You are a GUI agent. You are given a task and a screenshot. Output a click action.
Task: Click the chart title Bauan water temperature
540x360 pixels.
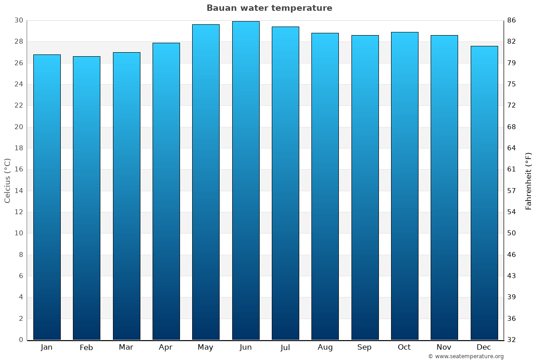point(270,8)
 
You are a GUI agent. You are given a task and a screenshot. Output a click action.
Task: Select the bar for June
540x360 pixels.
point(246,180)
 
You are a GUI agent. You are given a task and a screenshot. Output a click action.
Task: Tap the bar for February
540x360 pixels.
point(86,198)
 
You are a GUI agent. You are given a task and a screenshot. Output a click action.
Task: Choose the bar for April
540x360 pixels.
point(166,191)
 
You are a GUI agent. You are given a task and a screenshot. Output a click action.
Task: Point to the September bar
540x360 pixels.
point(365,187)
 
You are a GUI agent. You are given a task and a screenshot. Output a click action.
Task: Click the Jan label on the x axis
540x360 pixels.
point(47,347)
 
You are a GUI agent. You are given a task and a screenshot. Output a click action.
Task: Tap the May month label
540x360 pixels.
point(206,347)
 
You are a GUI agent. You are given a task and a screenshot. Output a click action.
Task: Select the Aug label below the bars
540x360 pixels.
point(325,347)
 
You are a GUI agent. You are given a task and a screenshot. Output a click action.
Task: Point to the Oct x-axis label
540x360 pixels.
point(405,347)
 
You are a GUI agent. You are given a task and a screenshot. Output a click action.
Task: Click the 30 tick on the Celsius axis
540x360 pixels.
point(18,20)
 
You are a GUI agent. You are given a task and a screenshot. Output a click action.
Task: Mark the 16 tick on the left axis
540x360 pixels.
point(18,169)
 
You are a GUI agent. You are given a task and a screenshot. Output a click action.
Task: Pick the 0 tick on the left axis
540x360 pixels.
point(21,340)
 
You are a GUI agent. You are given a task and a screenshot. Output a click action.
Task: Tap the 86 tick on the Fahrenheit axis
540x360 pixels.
point(512,20)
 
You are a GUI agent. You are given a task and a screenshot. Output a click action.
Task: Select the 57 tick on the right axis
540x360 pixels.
point(512,191)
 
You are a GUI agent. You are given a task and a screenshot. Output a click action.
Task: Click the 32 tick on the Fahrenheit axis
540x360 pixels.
point(512,340)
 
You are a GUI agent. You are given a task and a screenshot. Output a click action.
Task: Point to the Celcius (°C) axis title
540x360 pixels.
point(8,180)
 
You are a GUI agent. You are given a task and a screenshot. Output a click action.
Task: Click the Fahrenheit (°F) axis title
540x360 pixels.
point(529,181)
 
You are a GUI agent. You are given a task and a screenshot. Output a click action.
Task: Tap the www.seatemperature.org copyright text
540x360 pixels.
point(466,356)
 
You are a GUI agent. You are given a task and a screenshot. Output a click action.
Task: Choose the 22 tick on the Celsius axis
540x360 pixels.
point(18,105)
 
